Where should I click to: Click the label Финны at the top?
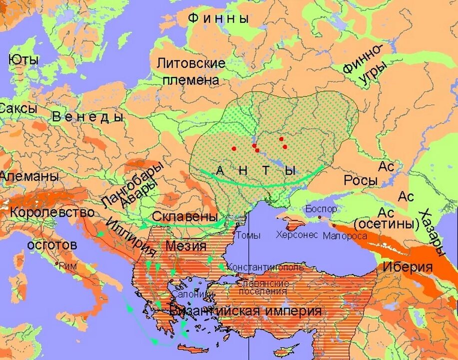(x=218, y=18)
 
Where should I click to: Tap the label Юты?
(x=23, y=59)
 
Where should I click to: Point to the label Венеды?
(x=87, y=117)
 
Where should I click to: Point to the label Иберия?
(x=407, y=266)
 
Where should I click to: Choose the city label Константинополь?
(x=265, y=267)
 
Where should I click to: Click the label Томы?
(x=248, y=234)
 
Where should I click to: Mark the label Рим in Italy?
(x=68, y=266)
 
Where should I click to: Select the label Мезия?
(x=186, y=245)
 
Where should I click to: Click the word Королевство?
(x=52, y=212)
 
